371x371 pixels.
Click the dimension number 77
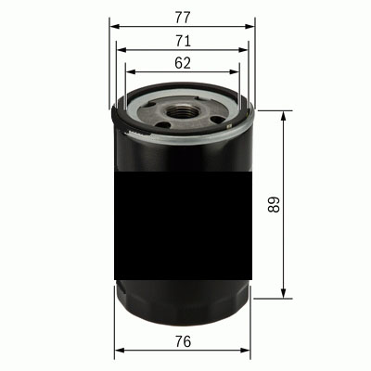pyautogui.click(x=182, y=16)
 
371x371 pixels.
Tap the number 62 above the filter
pyautogui.click(x=182, y=63)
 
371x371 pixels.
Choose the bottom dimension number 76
pyautogui.click(x=182, y=342)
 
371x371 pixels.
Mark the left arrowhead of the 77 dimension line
pyautogui.click(x=113, y=26)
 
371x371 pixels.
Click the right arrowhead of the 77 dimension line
pyautogui.click(x=250, y=26)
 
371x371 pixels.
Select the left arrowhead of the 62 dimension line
pyautogui.click(x=128, y=73)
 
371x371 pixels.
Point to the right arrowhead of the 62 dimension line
pyautogui.click(x=237, y=73)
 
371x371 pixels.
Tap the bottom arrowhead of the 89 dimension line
pyautogui.click(x=283, y=296)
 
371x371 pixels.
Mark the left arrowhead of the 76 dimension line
pyautogui.click(x=116, y=352)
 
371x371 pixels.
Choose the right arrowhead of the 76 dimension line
pyautogui.click(x=249, y=352)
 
